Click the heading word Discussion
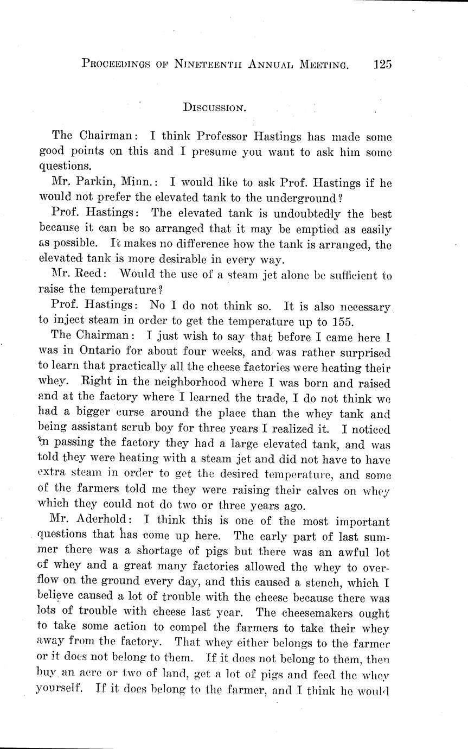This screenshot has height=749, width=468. coord(215,107)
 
